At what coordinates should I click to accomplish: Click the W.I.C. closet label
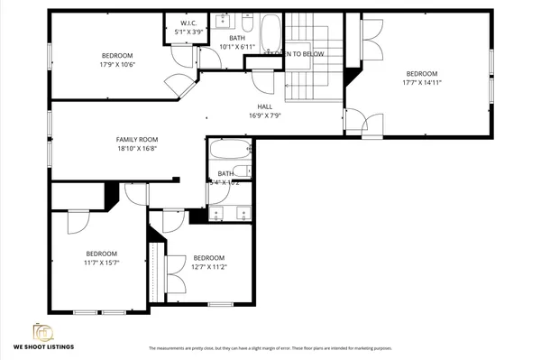pyautogui.click(x=189, y=23)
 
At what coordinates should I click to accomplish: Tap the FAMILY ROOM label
pyautogui.click(x=131, y=139)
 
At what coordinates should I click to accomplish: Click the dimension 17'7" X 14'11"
pyautogui.click(x=421, y=82)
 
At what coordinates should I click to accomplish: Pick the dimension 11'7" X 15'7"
pyautogui.click(x=101, y=263)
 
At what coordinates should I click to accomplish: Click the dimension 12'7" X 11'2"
pyautogui.click(x=208, y=266)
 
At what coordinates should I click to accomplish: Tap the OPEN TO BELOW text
pyautogui.click(x=298, y=54)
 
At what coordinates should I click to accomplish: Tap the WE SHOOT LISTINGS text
pyautogui.click(x=43, y=346)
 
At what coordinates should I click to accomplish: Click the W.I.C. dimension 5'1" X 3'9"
pyautogui.click(x=189, y=31)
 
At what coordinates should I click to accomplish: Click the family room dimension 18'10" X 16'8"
pyautogui.click(x=131, y=149)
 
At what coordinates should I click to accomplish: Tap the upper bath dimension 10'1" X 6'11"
pyautogui.click(x=237, y=46)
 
